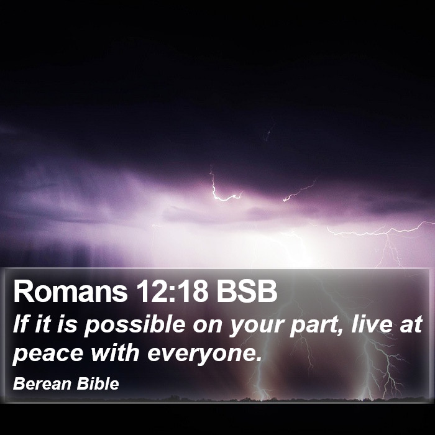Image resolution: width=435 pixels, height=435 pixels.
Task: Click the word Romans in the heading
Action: click(x=70, y=291)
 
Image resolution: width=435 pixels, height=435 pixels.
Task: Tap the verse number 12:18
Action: click(x=172, y=291)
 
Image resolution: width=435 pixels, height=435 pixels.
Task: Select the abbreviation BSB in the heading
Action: click(x=247, y=291)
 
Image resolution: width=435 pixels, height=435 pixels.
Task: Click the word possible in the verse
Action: click(x=134, y=325)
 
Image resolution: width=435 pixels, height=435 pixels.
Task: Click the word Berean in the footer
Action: click(x=42, y=383)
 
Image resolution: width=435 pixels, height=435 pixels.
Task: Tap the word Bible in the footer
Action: click(x=98, y=383)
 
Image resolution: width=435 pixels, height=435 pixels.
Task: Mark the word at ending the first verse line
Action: click(x=411, y=324)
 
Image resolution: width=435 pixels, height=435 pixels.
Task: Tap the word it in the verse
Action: click(x=43, y=324)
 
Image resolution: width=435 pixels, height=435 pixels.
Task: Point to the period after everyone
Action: click(x=259, y=359)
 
